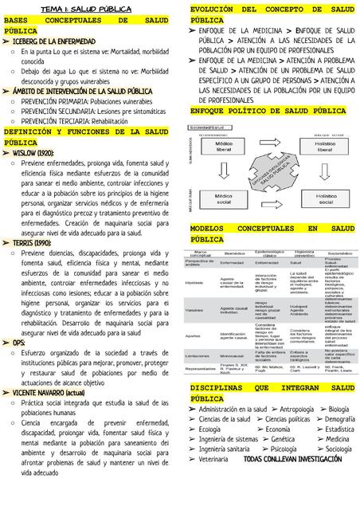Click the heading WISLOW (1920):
click(x=33, y=152)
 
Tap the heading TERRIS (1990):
click(x=32, y=243)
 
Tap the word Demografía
click(x=340, y=418)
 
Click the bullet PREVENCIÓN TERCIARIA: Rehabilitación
click(x=75, y=121)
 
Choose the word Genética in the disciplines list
click(x=283, y=439)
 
